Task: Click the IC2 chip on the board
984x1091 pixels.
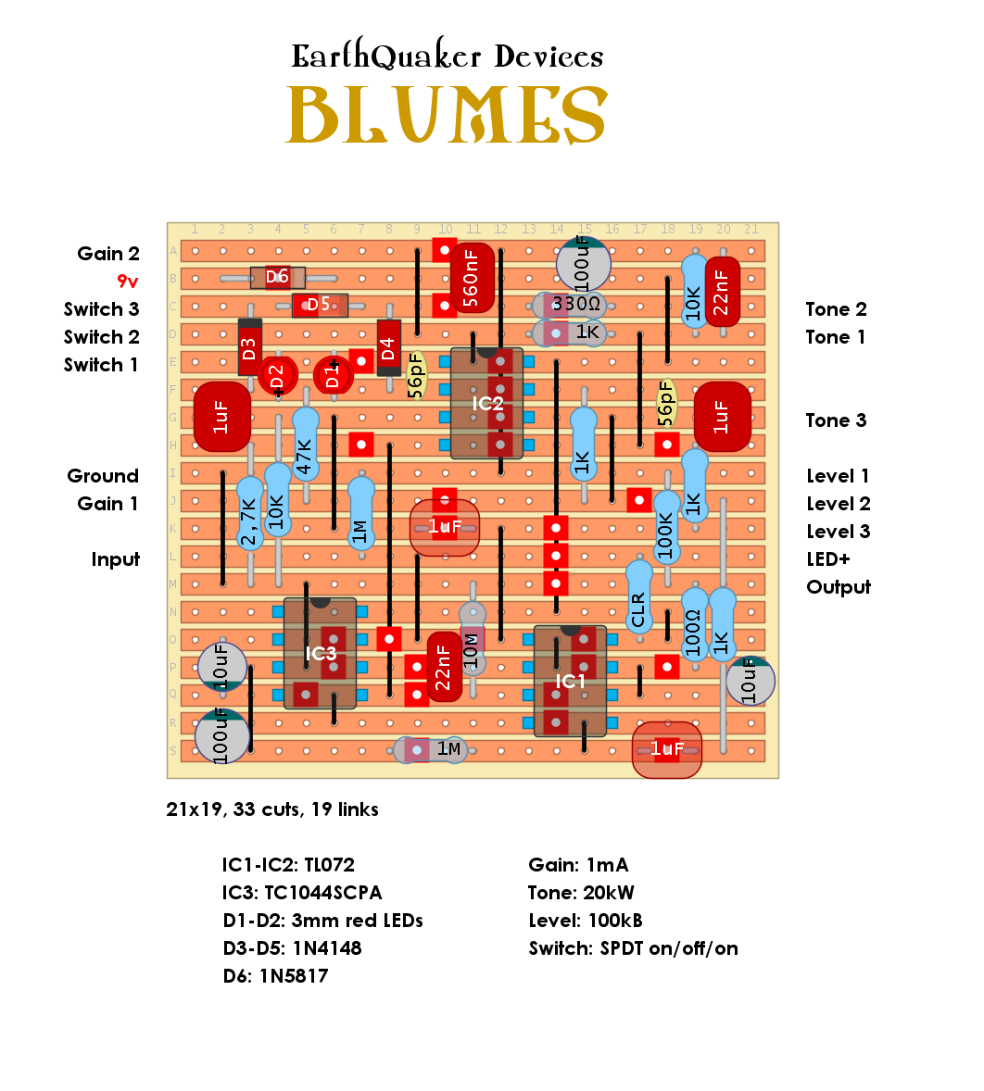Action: pos(486,404)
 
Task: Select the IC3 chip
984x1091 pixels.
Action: pos(320,654)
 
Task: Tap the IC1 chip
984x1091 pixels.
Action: pos(570,682)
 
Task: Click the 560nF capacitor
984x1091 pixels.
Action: pos(471,277)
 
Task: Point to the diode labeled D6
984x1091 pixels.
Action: pos(277,277)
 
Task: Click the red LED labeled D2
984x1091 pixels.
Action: pos(276,376)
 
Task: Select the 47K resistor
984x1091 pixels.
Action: pos(305,445)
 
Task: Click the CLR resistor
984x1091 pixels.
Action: pos(638,598)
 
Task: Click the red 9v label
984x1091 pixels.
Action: pos(128,282)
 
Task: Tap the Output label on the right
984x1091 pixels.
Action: pos(838,587)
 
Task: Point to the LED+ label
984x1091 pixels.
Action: pos(827,559)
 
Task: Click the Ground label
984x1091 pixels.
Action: pos(103,476)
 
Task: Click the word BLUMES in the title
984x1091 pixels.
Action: pos(447,115)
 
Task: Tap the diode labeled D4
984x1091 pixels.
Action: pos(388,348)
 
